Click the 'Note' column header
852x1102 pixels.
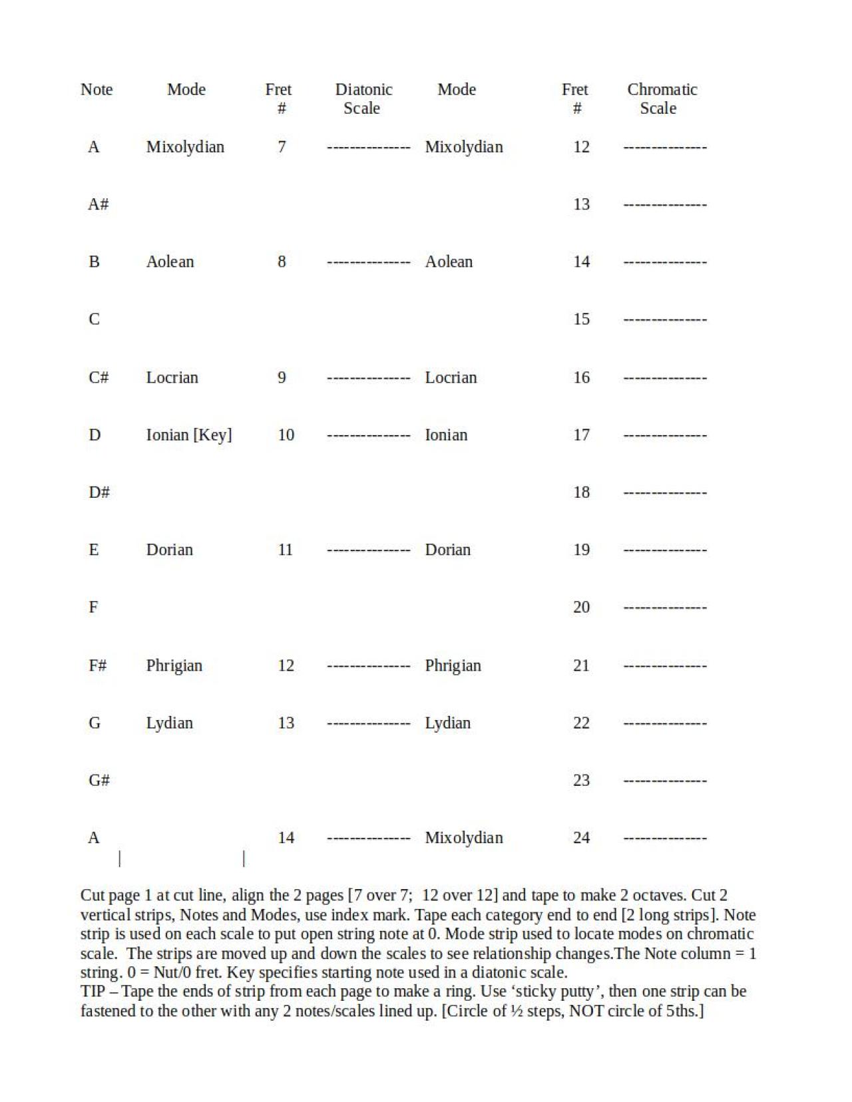97,89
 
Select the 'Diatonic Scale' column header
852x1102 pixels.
363,98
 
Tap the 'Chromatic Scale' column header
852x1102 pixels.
662,98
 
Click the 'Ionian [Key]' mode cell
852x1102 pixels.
189,435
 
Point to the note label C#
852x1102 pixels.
99,377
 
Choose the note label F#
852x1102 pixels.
98,665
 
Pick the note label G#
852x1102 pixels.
99,780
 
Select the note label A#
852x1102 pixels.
99,204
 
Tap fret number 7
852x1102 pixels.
282,147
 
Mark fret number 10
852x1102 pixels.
286,435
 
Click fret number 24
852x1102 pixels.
581,838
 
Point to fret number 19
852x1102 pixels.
581,550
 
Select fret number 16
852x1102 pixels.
581,377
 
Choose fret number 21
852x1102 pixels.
581,665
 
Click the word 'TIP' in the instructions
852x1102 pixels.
93,992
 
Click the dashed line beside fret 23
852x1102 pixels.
665,781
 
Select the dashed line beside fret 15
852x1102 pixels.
665,319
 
